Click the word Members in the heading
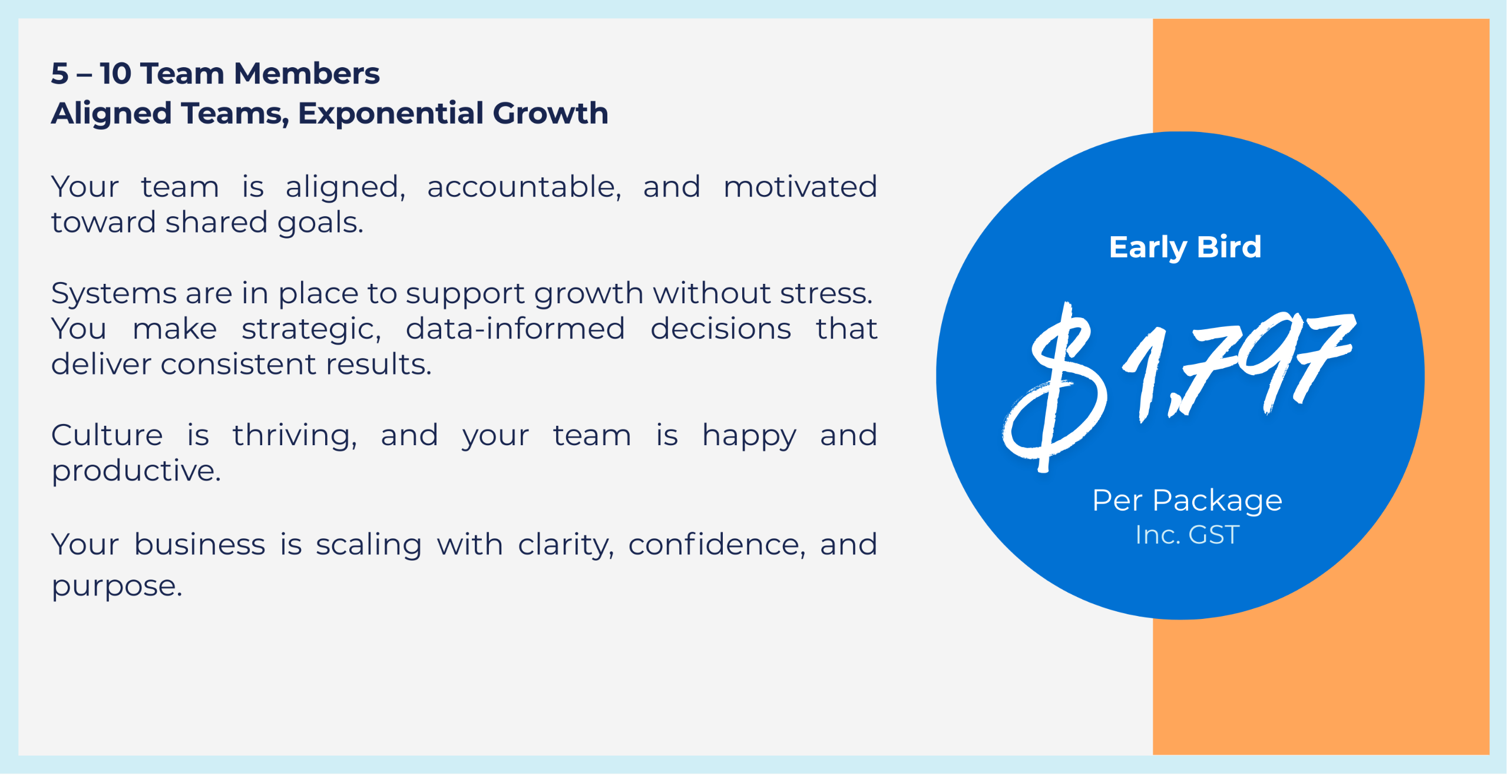307,74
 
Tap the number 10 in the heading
115,74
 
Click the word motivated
801,187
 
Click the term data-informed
515,329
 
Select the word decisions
721,329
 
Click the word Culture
107,436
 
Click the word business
200,545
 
